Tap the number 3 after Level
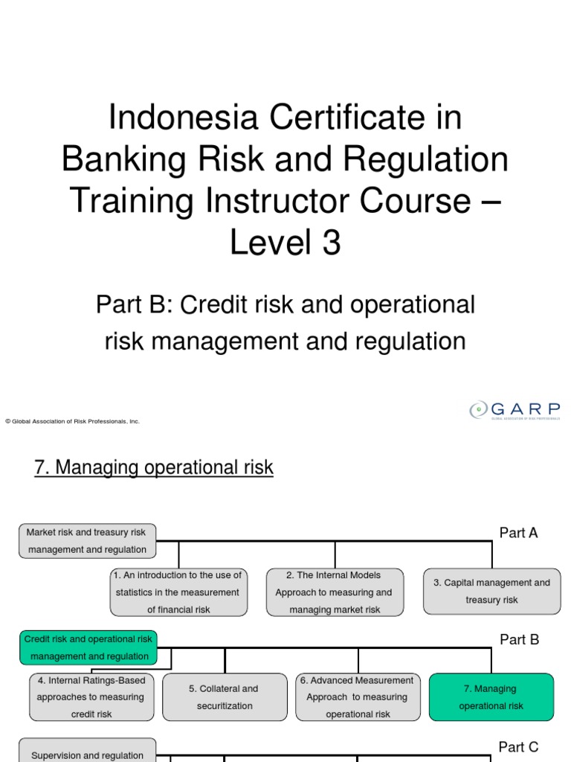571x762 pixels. coord(330,243)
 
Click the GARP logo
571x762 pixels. coord(514,411)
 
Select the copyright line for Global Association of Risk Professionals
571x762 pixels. coord(72,421)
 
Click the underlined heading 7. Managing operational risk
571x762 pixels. coord(154,468)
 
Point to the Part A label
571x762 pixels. coord(518,533)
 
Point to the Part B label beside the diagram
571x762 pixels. coord(519,639)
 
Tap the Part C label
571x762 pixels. coord(518,747)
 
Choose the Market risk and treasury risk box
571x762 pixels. coord(88,541)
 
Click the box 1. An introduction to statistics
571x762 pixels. coord(178,592)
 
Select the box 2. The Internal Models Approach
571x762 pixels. coord(335,592)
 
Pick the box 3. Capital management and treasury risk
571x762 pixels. coord(492,592)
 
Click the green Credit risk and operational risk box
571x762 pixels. coord(88,647)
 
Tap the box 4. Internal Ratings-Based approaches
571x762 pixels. coord(91,697)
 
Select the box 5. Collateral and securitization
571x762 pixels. coord(225,697)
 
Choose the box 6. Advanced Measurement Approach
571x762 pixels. coord(358,697)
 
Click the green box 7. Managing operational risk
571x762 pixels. coord(491,697)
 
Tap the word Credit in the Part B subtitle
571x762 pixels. coord(218,304)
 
